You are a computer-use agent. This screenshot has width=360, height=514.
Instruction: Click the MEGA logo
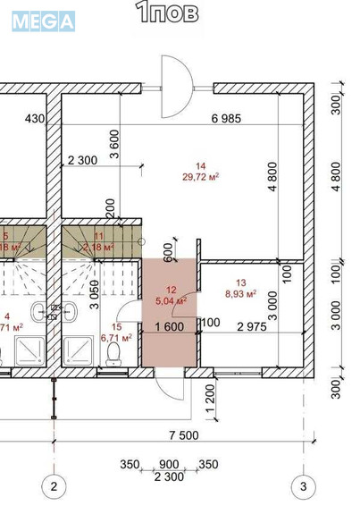(43, 21)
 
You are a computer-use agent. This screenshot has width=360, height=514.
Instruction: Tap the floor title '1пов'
(167, 12)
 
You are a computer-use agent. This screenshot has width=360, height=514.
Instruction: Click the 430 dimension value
(34, 119)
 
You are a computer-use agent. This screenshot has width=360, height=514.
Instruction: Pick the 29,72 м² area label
(201, 177)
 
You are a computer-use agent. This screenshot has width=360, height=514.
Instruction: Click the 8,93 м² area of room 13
(239, 292)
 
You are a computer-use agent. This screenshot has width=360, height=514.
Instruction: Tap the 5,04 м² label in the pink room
(170, 301)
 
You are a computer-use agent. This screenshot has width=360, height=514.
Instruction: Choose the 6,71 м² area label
(117, 338)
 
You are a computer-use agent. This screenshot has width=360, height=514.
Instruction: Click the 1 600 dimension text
(169, 325)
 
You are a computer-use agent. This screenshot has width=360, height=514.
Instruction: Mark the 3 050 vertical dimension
(95, 292)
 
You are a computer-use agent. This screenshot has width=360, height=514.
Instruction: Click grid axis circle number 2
(54, 487)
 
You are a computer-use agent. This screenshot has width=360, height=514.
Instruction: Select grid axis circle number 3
(304, 487)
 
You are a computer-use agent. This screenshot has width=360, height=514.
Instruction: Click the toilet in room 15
(113, 355)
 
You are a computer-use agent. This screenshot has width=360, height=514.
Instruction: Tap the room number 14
(200, 166)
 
